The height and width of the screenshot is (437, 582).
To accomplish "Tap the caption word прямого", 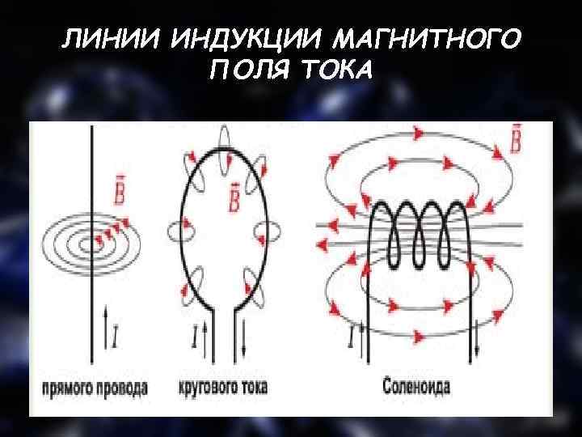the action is [x=70, y=388].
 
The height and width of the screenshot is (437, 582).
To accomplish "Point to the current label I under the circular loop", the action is [x=194, y=333].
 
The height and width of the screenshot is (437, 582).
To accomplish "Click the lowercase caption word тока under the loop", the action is [x=258, y=388].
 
